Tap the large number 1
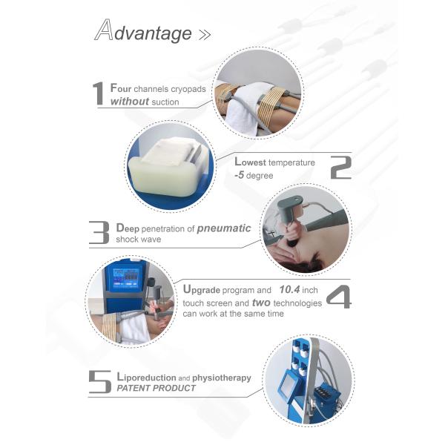[98, 94]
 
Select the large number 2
[340, 168]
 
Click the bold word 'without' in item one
[128, 101]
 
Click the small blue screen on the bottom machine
[286, 388]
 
